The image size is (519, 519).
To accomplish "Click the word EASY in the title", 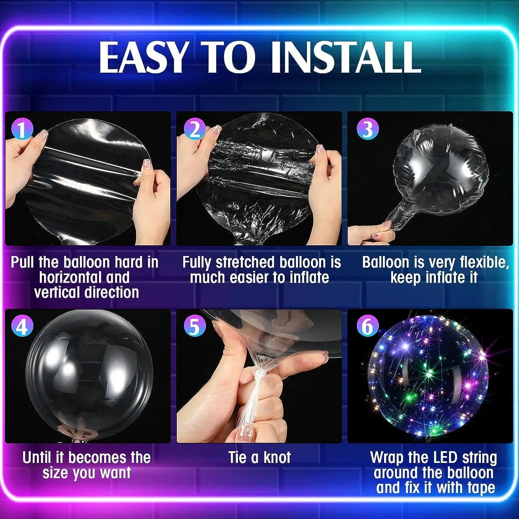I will click(143, 57).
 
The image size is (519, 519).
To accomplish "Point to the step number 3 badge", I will click(367, 129).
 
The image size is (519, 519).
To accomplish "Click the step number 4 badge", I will click(22, 326).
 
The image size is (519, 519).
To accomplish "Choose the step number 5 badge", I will click(194, 326).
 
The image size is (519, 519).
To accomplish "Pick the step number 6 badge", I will click(367, 326).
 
